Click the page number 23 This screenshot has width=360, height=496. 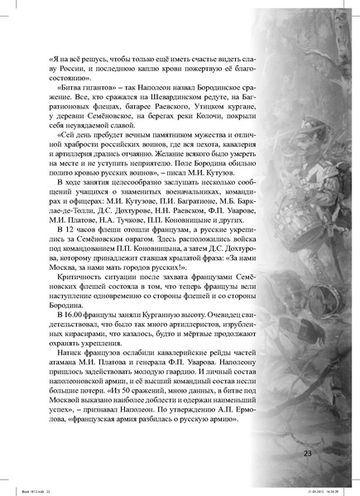[308, 452]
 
